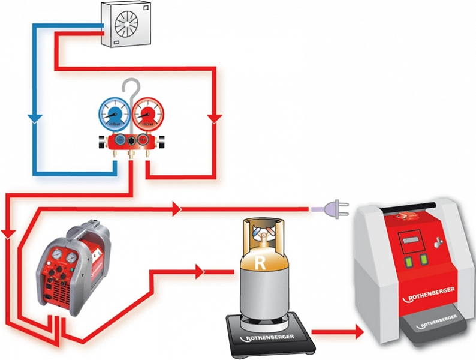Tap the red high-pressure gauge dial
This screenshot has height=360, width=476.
147,113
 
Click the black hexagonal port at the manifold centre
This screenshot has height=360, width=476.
129,141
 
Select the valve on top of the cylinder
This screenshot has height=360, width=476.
261,239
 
